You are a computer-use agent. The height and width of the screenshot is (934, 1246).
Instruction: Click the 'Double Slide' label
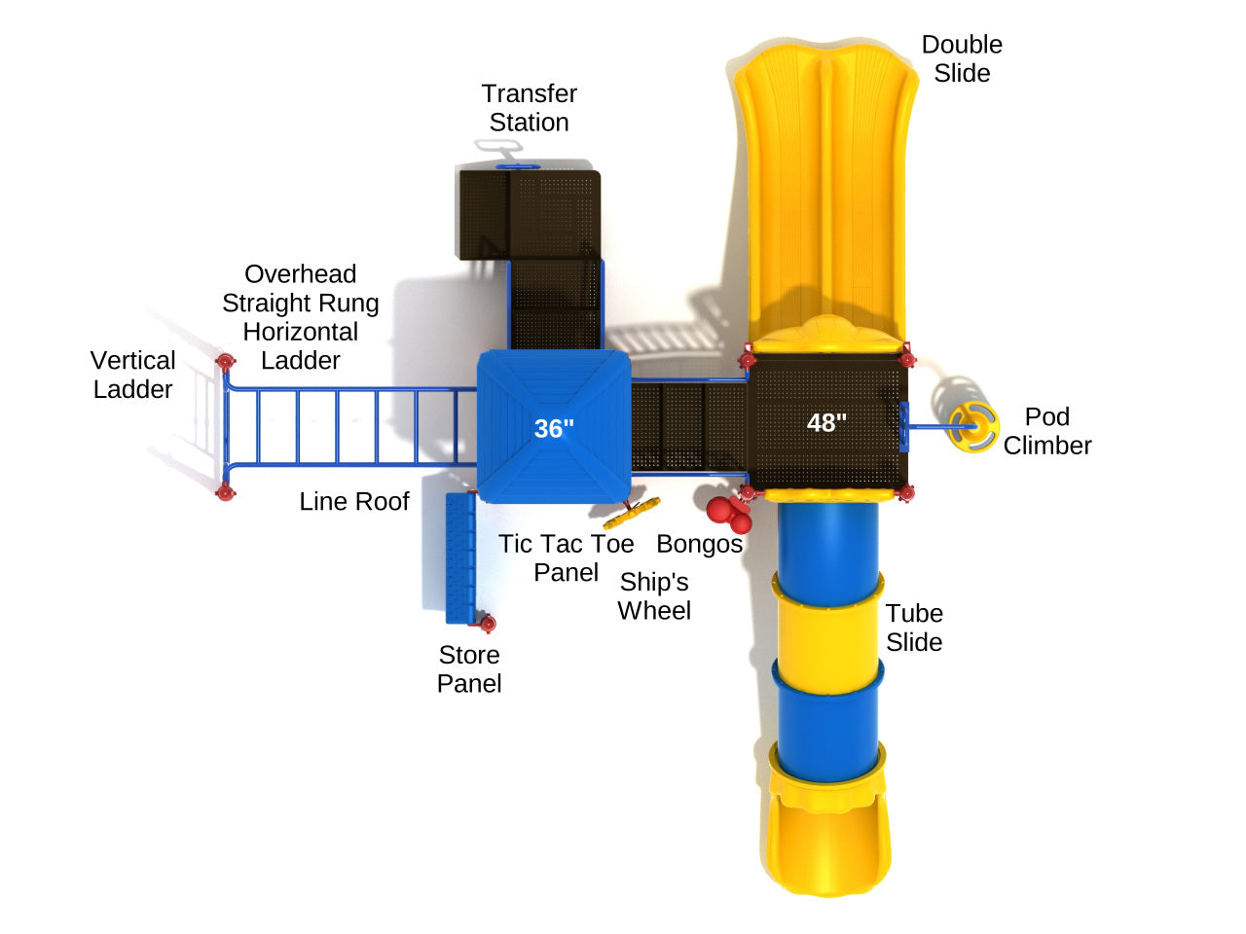coord(962,58)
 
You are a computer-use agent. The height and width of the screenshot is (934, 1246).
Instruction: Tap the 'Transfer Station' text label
coord(529,108)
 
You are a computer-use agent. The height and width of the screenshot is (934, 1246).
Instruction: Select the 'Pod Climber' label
coord(1046,431)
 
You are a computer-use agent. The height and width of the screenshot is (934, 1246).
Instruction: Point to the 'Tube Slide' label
coord(913,628)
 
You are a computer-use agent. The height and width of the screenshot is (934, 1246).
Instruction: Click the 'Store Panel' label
coord(468,668)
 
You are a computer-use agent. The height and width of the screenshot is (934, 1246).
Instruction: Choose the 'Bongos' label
coord(699,544)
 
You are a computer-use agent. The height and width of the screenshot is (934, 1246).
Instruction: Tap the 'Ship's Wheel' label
coord(654,595)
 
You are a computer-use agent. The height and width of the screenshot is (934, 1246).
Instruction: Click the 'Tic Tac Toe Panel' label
coord(566,557)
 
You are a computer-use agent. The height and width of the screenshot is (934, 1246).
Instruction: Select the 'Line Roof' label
coord(354,501)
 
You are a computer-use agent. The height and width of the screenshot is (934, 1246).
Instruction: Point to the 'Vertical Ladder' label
coord(132,375)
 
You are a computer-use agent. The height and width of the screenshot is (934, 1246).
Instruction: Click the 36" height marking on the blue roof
coord(554,428)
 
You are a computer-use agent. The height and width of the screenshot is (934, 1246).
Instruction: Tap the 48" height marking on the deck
coord(826,422)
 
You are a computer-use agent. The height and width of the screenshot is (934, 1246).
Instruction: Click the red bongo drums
coord(729,513)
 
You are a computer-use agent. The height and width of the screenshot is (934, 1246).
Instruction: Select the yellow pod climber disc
coord(971,428)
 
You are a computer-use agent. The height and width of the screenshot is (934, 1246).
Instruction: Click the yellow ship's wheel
coord(632,512)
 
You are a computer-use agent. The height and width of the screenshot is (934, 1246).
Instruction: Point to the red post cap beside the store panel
coord(488,623)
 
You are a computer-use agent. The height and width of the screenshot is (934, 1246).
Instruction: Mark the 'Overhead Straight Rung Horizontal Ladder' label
coord(300,317)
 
